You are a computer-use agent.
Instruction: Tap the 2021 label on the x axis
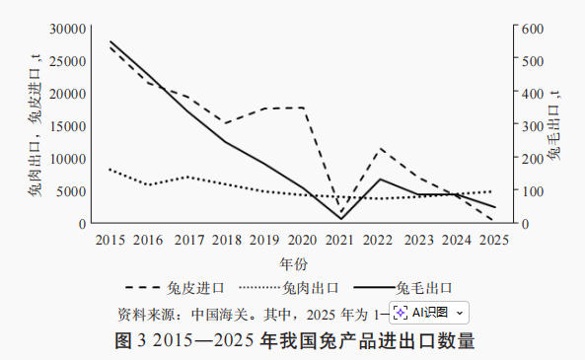[340, 240]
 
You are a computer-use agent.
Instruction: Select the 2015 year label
[110, 240]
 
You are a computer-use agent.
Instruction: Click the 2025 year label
[494, 240]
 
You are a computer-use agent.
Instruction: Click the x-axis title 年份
[294, 264]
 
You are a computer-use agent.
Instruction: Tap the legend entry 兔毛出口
[424, 288]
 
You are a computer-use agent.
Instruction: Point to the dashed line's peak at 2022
[380, 149]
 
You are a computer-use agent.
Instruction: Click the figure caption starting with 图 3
[294, 341]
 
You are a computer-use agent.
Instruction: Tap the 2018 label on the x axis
[226, 240]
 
